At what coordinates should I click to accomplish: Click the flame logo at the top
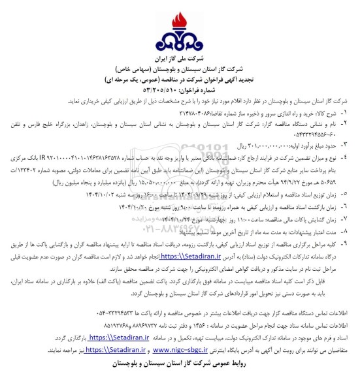click(x=180, y=28)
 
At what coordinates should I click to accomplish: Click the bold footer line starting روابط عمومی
click(x=180, y=361)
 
